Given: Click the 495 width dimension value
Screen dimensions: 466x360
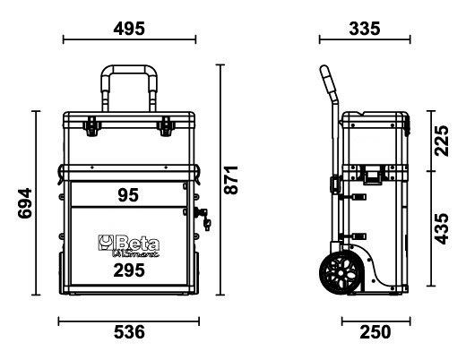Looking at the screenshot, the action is (129, 29).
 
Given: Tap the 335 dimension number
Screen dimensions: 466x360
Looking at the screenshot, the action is (365, 29).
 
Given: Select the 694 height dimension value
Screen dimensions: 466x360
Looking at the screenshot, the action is (24, 203).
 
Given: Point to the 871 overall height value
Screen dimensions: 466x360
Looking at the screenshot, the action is (231, 180).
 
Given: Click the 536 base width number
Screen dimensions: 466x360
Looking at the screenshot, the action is (129, 332).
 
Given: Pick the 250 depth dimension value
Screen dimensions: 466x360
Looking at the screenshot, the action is (375, 332).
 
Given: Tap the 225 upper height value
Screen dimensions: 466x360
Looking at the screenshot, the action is (442, 141).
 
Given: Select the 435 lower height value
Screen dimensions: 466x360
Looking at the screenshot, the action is (442, 228).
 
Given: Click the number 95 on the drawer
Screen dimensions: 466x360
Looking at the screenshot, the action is (128, 195).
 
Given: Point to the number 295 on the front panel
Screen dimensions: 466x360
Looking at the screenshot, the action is (129, 270).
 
